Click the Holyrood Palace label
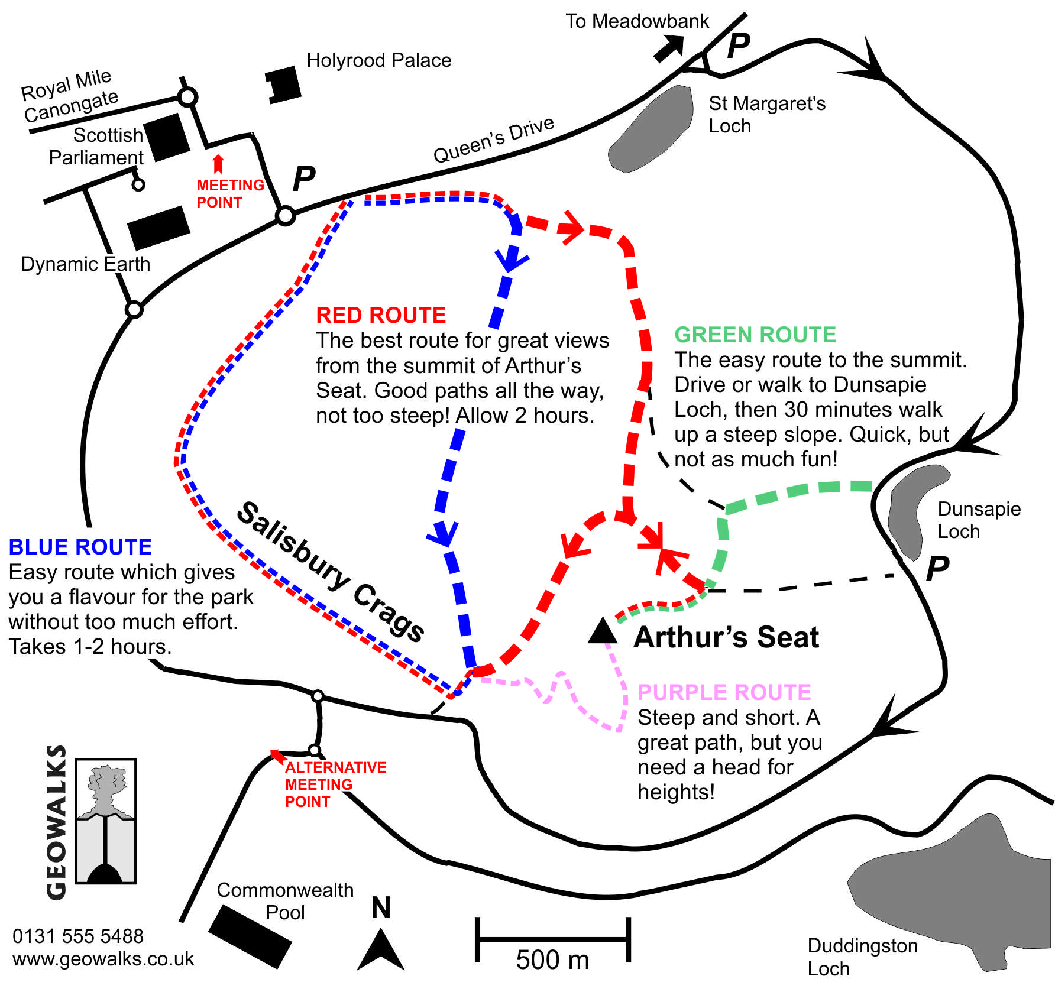pos(378,60)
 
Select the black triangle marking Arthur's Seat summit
pos(603,631)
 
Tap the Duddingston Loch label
pos(862,957)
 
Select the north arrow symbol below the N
pos(381,951)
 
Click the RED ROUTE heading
pos(381,315)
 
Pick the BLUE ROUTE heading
pos(80,547)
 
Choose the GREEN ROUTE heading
pos(755,335)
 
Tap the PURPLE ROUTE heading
pos(724,692)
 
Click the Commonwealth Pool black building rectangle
pos(250,936)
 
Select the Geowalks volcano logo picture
pos(106,821)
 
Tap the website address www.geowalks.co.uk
pos(103,959)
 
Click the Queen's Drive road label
pos(494,140)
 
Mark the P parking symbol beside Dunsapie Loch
pos(937,569)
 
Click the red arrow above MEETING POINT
pos(218,164)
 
